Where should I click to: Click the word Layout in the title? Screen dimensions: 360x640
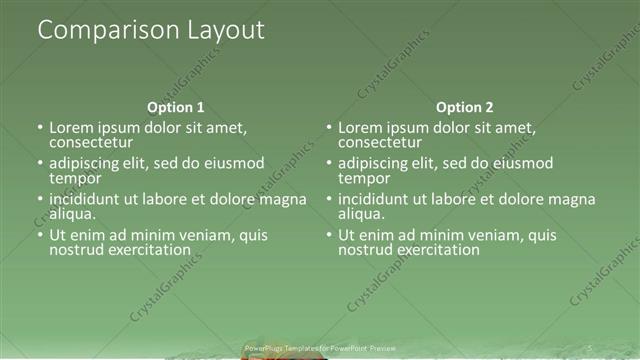224,31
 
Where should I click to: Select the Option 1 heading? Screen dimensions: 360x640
176,107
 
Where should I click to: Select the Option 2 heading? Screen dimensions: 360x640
465,107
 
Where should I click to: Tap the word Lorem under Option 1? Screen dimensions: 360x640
72,128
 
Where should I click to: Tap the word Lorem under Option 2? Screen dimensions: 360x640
361,128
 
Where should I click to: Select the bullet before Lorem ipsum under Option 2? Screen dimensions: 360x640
329,128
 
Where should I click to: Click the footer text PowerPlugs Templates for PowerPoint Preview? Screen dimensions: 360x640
314,349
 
